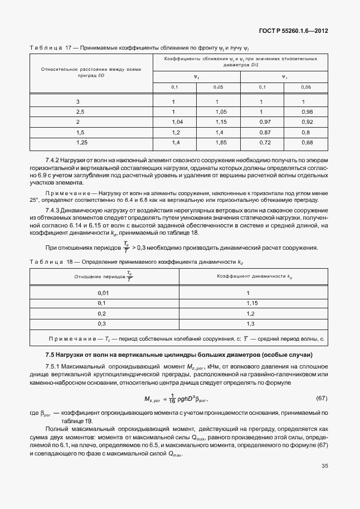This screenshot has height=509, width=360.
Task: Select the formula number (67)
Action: coord(321,398)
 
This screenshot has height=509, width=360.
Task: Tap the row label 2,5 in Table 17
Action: coord(80,112)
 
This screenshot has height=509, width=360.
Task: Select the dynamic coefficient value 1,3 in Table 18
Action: coord(250,323)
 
